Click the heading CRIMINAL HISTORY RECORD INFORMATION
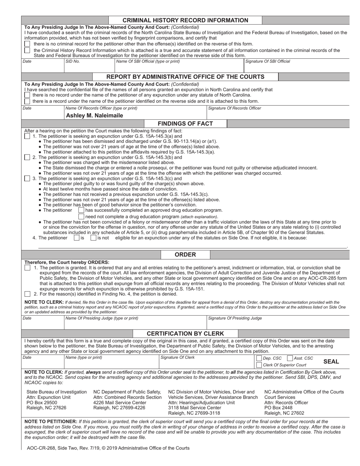185,20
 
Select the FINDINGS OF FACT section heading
185,124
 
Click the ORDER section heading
185,255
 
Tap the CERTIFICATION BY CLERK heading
185,334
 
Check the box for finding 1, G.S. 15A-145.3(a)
27,136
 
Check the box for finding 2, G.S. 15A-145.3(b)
27,157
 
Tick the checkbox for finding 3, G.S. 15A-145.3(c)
27,178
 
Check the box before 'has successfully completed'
81,210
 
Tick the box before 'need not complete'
81,216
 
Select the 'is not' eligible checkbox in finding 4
93,238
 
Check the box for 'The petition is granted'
27,268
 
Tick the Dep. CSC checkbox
259,358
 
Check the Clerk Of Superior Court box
259,365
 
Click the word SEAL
331,361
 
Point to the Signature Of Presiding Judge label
235,318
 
